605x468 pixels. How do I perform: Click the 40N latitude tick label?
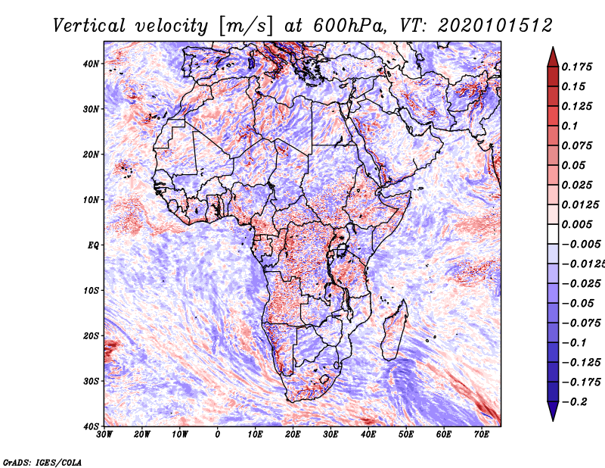point(91,64)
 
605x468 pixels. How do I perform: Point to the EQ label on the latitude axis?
point(93,245)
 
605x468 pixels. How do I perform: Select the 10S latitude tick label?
point(91,291)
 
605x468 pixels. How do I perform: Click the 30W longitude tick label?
point(104,435)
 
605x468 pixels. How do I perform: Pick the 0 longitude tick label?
point(218,435)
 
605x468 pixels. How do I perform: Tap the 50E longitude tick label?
point(406,435)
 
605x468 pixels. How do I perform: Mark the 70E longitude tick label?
point(482,435)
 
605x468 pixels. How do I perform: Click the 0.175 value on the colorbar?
point(576,67)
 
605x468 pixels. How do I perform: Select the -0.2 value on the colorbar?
point(574,402)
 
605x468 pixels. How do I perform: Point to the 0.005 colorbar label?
point(576,224)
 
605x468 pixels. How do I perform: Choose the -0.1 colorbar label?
point(574,343)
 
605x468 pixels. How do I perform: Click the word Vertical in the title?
point(89,26)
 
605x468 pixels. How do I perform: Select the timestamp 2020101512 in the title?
point(495,26)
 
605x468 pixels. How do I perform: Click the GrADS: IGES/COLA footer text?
point(42,463)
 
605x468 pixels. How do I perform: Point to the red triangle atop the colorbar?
point(553,58)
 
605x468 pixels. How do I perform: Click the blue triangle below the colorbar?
point(553,410)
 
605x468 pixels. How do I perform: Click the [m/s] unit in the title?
point(246,26)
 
